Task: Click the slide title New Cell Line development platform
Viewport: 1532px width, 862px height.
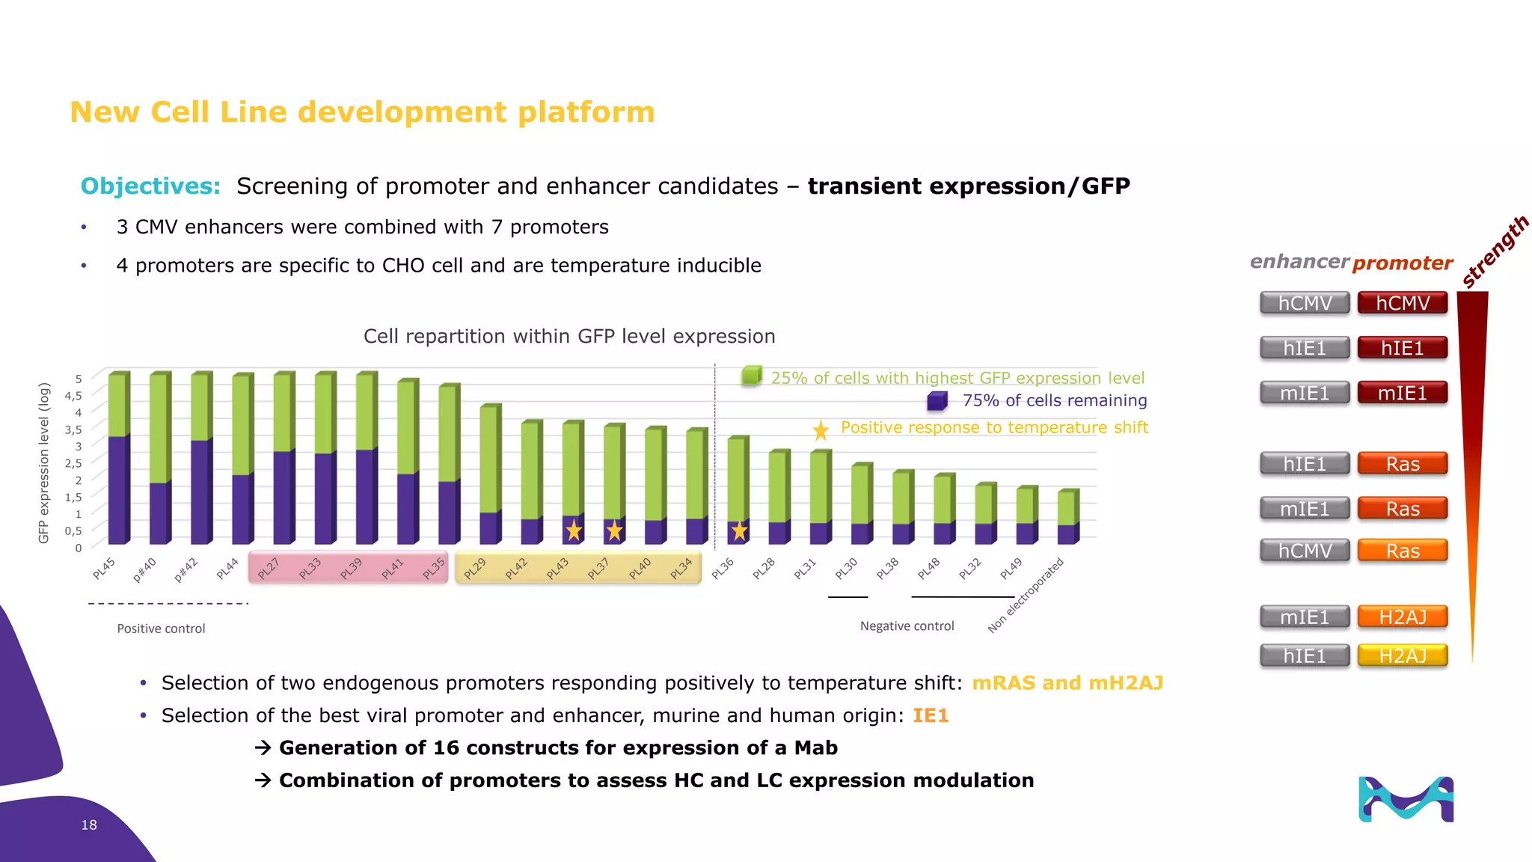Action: point(362,112)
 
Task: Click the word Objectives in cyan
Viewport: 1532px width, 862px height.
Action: point(150,186)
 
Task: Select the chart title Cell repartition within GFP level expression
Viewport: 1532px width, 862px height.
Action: point(569,337)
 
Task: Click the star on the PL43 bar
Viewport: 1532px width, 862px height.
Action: point(574,531)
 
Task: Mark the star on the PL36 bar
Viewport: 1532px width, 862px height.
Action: point(739,531)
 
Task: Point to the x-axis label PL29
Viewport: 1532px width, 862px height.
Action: point(475,569)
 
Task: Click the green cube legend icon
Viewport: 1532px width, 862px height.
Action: point(751,376)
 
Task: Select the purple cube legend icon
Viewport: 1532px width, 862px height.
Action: point(937,401)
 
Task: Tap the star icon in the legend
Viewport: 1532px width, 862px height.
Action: point(821,430)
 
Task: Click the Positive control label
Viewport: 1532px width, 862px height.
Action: point(161,629)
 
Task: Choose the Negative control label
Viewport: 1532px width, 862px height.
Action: point(907,626)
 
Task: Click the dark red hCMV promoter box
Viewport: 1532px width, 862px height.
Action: point(1402,303)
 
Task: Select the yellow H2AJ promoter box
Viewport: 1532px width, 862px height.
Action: point(1402,655)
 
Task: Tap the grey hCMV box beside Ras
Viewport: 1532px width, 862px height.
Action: point(1305,551)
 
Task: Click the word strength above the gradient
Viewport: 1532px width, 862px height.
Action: point(1495,251)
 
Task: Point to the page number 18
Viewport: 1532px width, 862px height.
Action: point(89,825)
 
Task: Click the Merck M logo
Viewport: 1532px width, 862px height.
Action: point(1406,799)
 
